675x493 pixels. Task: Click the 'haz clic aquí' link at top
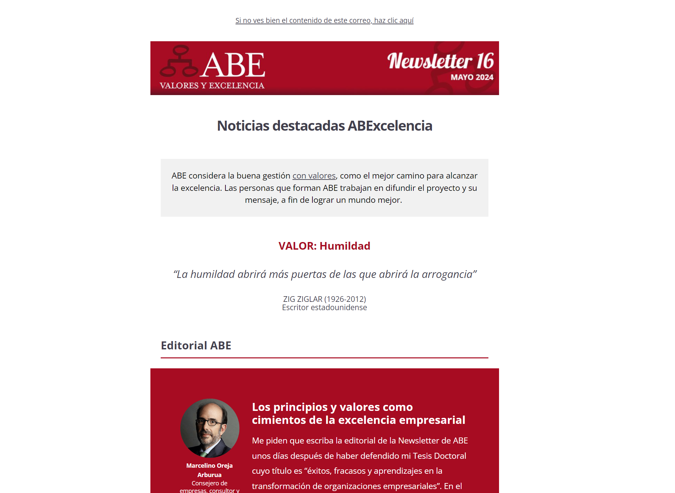pyautogui.click(x=393, y=21)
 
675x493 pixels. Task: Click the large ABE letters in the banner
pyautogui.click(x=234, y=65)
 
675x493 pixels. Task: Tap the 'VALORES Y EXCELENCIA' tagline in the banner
pyautogui.click(x=212, y=86)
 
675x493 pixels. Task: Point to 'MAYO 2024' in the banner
pyautogui.click(x=472, y=77)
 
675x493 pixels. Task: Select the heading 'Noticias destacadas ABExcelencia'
pyautogui.click(x=324, y=126)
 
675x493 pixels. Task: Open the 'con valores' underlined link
pyautogui.click(x=314, y=176)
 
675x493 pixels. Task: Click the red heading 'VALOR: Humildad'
pyautogui.click(x=324, y=246)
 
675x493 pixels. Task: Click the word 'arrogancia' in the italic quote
pyautogui.click(x=447, y=274)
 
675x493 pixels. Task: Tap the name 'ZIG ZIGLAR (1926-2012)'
pyautogui.click(x=324, y=299)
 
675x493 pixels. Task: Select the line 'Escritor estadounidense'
pyautogui.click(x=324, y=308)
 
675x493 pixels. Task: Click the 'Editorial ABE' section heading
pyautogui.click(x=196, y=346)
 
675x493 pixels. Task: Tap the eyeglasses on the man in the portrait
pyautogui.click(x=209, y=423)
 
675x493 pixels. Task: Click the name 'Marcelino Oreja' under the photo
pyautogui.click(x=209, y=466)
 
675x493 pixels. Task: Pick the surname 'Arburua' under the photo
pyautogui.click(x=209, y=475)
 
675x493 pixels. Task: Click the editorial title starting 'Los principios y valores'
pyautogui.click(x=358, y=414)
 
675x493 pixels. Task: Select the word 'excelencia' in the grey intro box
pyautogui.click(x=201, y=188)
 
